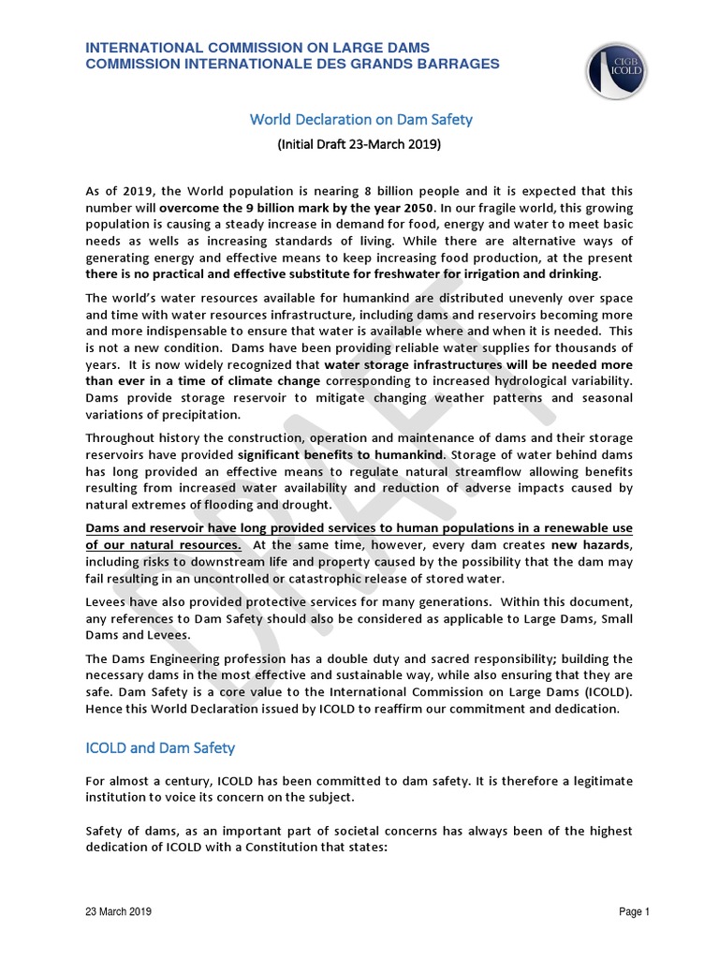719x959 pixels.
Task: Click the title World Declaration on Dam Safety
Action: click(x=359, y=120)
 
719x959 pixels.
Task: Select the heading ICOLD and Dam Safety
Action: click(x=160, y=747)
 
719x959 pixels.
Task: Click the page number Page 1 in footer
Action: click(x=634, y=911)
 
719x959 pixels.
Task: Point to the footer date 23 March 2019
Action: click(x=119, y=911)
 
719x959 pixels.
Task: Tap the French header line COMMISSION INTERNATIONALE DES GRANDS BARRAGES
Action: click(x=292, y=64)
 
